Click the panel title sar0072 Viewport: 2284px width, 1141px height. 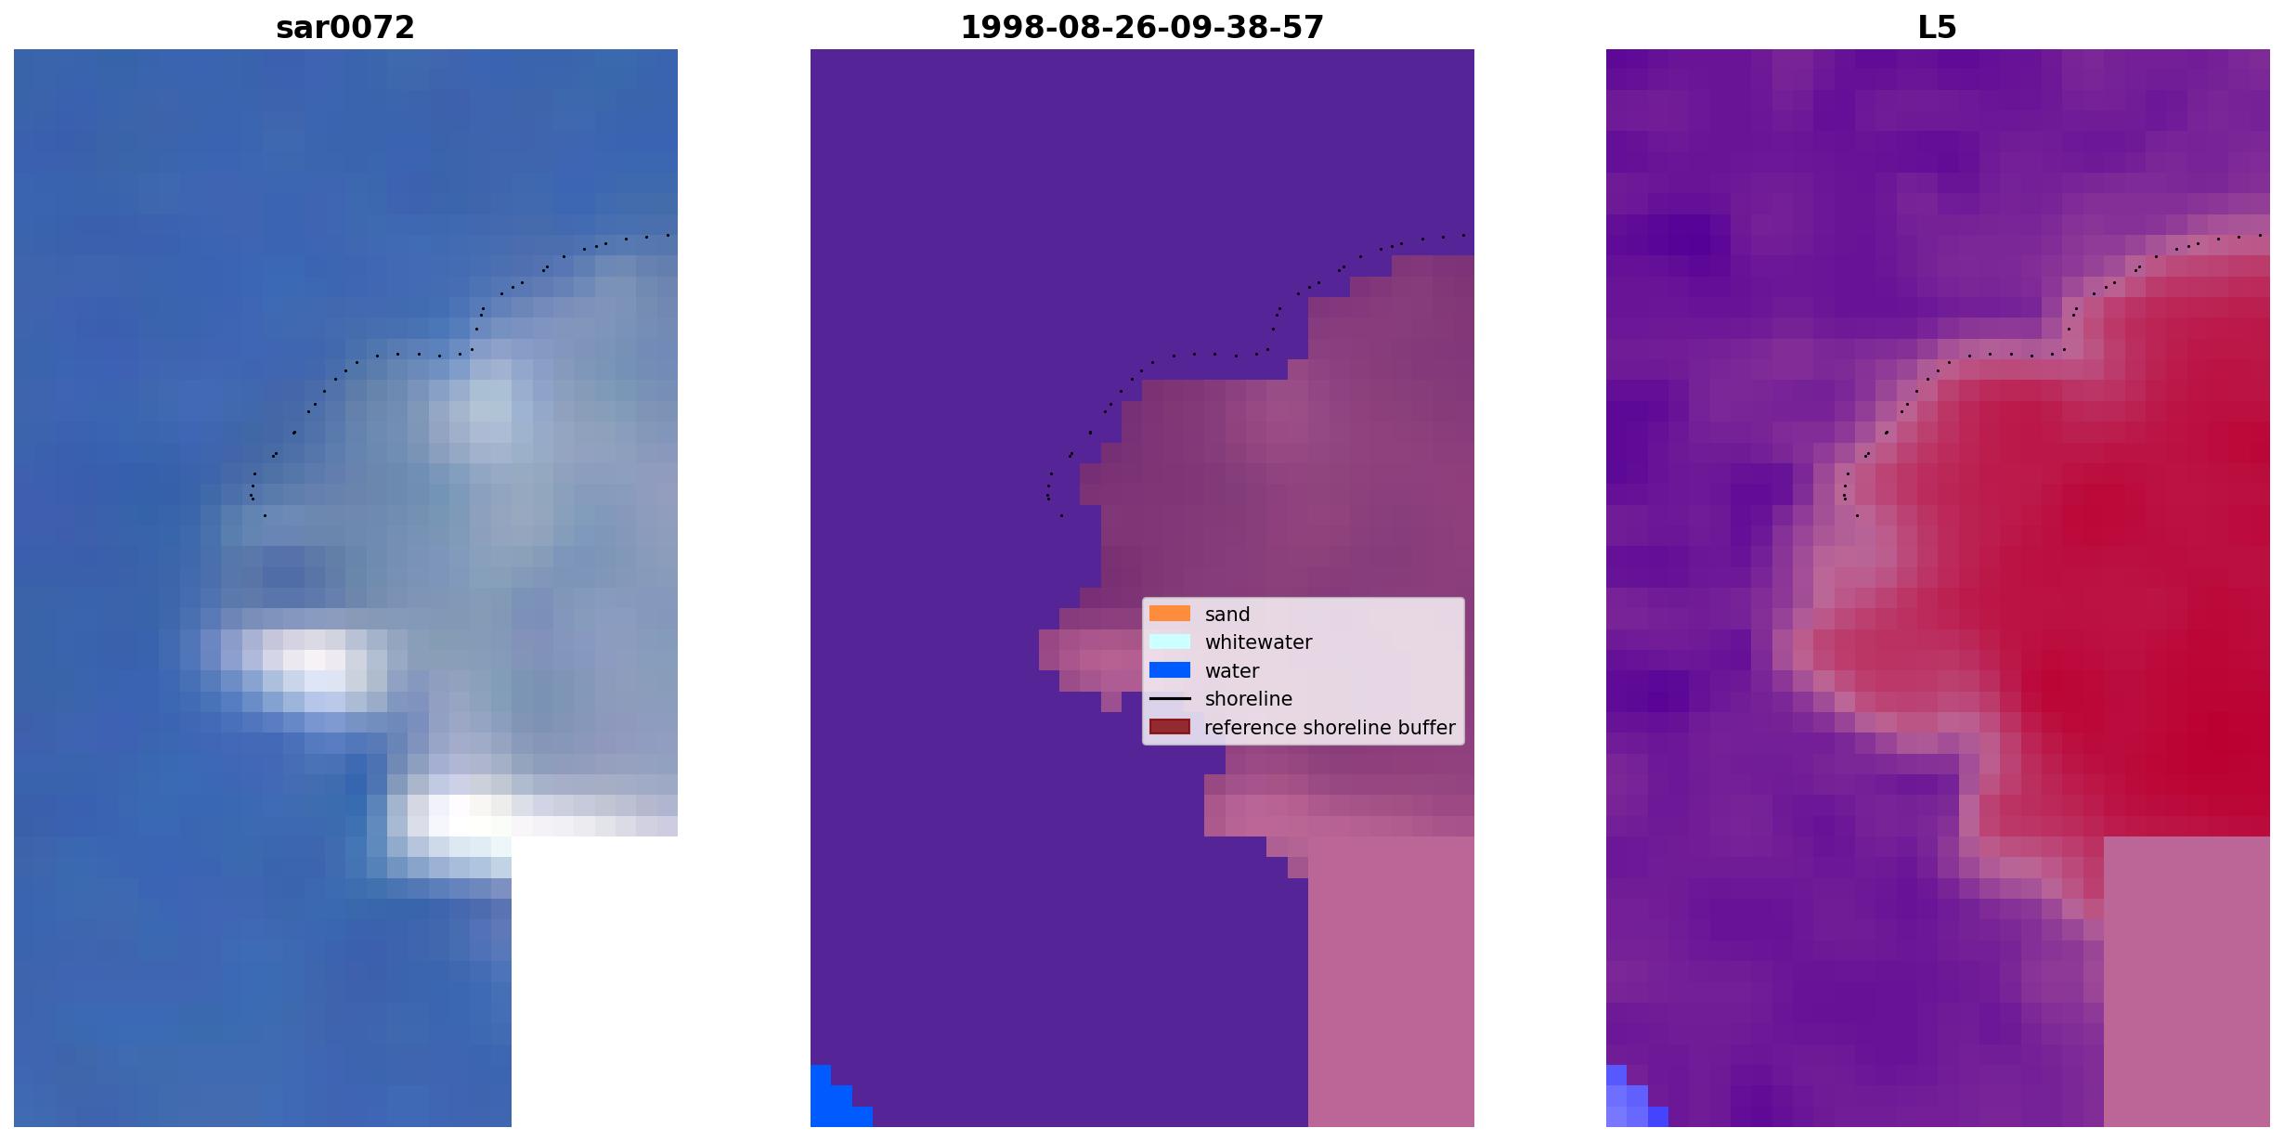(345, 27)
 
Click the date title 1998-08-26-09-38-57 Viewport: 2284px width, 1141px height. (1142, 27)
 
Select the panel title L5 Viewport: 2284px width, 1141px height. (1938, 27)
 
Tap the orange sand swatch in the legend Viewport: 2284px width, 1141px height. (1170, 614)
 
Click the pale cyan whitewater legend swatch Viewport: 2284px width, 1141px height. (1170, 642)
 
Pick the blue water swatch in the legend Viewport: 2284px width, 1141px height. (1170, 670)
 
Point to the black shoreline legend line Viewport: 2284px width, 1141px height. (1170, 698)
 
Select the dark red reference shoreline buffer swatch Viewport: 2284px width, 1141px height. (1170, 727)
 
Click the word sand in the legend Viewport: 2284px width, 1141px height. (1227, 615)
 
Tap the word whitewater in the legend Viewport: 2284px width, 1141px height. (1258, 642)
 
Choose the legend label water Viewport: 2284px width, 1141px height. (1232, 671)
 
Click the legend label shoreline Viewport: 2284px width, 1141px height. (1249, 699)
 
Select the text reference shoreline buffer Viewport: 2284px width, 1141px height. (1330, 728)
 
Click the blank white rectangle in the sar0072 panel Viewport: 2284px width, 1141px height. (594, 981)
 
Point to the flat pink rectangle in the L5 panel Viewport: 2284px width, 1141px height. (2187, 981)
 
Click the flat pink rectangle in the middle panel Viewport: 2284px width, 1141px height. (1391, 981)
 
